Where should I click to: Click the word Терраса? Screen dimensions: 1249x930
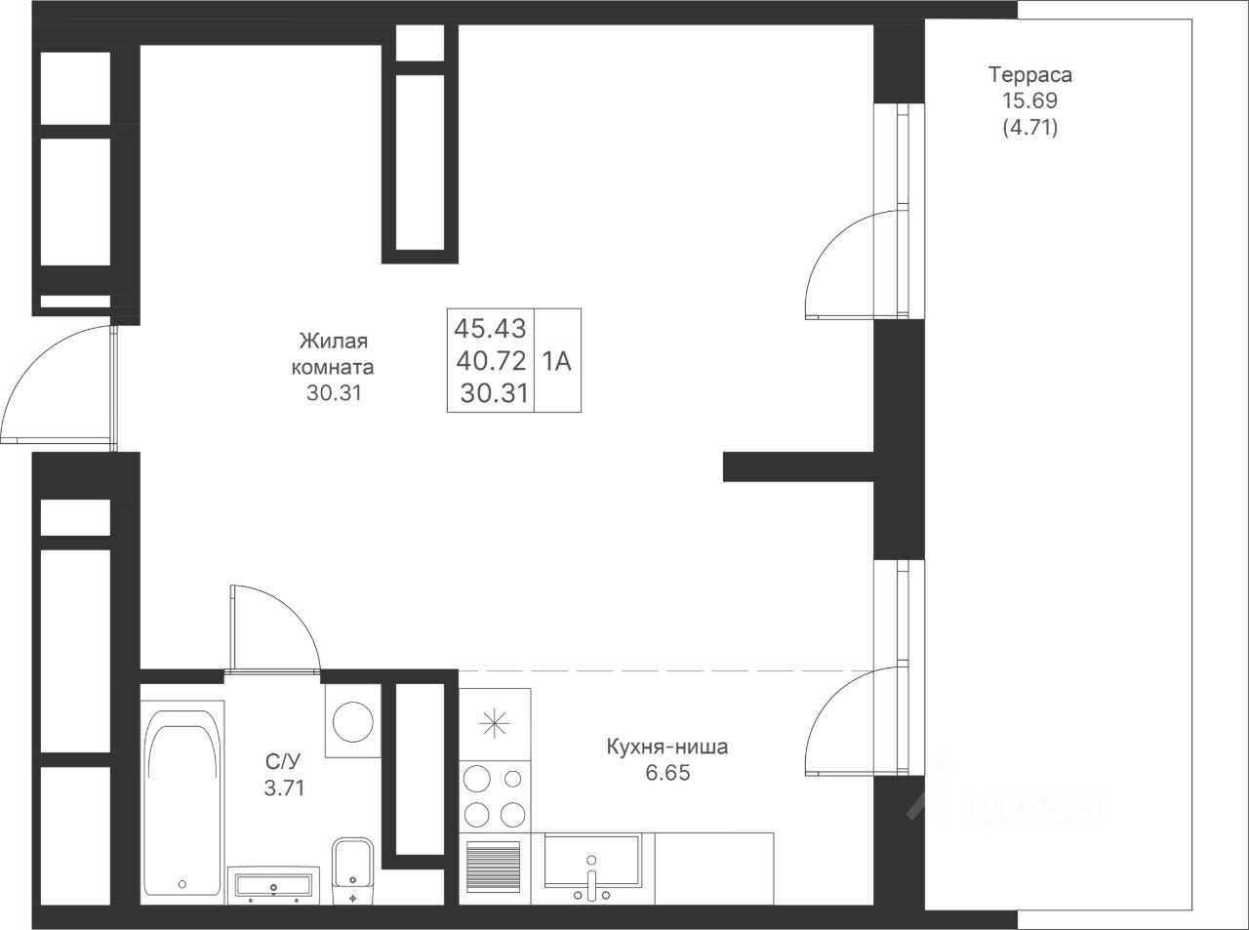(x=1030, y=75)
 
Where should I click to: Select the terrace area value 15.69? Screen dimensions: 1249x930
(x=1030, y=101)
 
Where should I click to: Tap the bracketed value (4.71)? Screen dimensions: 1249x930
(x=1030, y=128)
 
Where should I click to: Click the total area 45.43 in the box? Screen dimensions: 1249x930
(x=490, y=328)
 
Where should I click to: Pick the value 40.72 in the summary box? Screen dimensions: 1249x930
(x=491, y=360)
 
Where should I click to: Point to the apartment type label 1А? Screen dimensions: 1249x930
(x=557, y=361)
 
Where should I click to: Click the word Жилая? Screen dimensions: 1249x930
(x=334, y=341)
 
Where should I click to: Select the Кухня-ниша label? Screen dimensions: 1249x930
(x=667, y=747)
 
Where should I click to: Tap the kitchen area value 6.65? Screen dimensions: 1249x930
(x=667, y=773)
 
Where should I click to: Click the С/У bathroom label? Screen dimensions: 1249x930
(x=283, y=762)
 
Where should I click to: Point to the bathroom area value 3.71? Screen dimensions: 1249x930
(x=284, y=788)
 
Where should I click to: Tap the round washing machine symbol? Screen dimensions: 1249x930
(x=353, y=722)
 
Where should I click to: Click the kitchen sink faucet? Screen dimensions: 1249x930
(x=591, y=884)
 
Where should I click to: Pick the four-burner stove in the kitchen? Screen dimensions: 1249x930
(x=495, y=796)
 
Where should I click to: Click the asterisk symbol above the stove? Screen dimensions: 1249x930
(x=495, y=723)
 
